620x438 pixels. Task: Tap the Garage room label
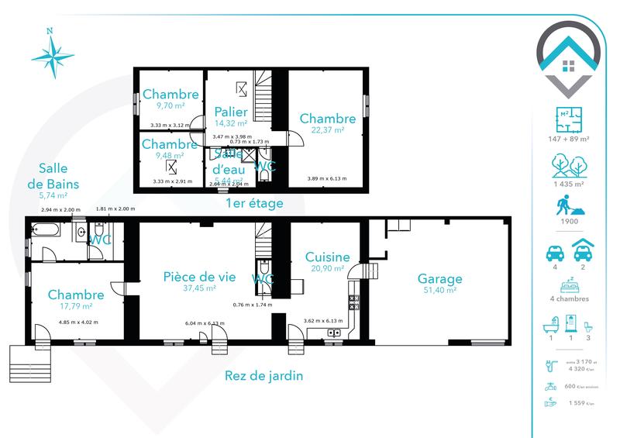(x=439, y=278)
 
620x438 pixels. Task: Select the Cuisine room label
(x=327, y=257)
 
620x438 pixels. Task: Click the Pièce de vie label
(x=199, y=276)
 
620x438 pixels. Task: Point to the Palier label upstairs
(x=231, y=112)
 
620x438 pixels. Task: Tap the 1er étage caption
(x=253, y=203)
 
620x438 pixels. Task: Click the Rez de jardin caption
(x=263, y=377)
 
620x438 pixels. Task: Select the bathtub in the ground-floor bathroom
(x=47, y=230)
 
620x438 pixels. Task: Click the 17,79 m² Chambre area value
(x=75, y=306)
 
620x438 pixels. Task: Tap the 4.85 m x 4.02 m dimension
(x=78, y=322)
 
